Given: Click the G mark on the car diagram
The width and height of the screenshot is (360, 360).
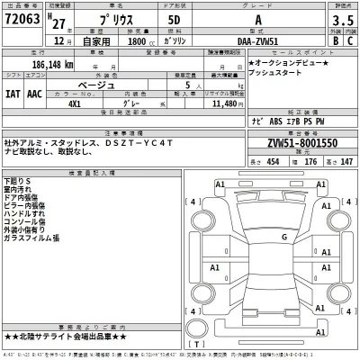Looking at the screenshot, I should [284, 237].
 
